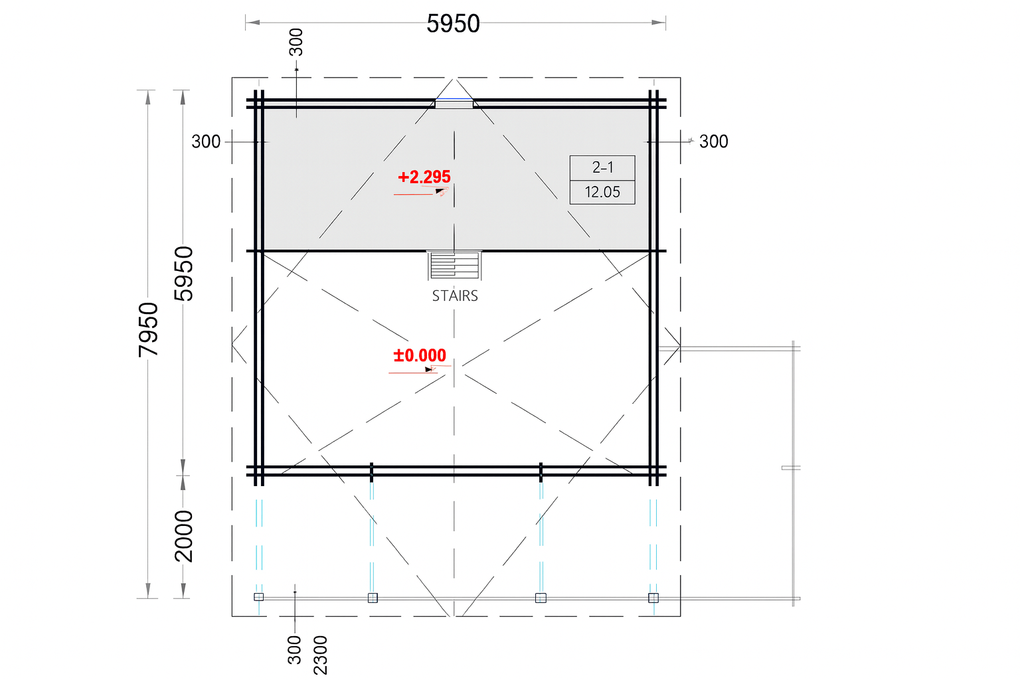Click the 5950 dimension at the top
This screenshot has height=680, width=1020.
[x=453, y=24]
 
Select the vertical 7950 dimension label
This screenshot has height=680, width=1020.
[x=149, y=329]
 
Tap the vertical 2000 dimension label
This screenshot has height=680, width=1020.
[x=184, y=536]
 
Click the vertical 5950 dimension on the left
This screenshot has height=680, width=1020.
[x=184, y=274]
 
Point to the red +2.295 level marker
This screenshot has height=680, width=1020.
[x=424, y=177]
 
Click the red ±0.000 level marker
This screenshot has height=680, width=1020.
[x=420, y=355]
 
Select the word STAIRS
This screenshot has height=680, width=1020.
[x=455, y=296]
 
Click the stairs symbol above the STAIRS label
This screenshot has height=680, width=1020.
[x=454, y=265]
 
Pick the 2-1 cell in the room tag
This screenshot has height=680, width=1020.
[x=602, y=167]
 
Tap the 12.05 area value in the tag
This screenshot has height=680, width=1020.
[x=602, y=192]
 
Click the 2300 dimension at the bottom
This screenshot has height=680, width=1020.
[x=321, y=655]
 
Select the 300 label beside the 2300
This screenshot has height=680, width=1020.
[x=295, y=650]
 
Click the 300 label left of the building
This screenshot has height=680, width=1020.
[x=206, y=141]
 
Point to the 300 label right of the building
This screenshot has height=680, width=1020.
[x=714, y=141]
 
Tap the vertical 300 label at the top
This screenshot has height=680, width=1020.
[x=296, y=42]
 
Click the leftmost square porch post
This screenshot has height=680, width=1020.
[x=258, y=597]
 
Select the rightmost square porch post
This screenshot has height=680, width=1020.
[x=653, y=598]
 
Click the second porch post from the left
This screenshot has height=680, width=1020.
[x=373, y=598]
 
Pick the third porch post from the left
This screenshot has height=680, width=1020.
[x=541, y=598]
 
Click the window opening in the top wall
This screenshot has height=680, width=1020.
[x=454, y=104]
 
